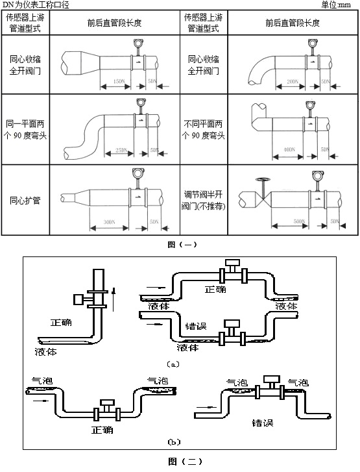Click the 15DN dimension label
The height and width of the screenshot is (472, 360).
[117, 82]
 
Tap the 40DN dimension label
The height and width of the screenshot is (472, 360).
[289, 150]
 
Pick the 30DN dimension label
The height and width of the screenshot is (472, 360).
[110, 222]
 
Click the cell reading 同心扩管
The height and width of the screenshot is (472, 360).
[26, 200]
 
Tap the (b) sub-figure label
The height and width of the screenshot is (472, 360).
[173, 442]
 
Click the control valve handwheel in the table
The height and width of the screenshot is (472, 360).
[261, 180]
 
